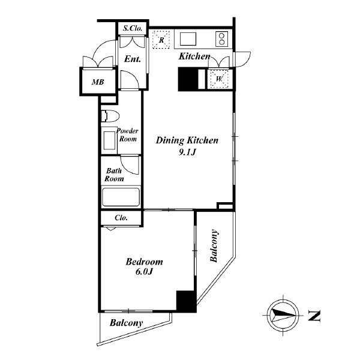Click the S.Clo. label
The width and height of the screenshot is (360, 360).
click(x=133, y=28)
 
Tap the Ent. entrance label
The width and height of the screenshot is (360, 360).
click(x=132, y=59)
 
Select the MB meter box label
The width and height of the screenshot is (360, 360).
click(x=98, y=82)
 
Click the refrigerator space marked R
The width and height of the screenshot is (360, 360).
click(x=161, y=40)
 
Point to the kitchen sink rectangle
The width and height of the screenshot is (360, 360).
click(x=188, y=39)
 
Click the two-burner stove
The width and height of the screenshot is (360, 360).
click(x=222, y=39)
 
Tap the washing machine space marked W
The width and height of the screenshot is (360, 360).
click(x=219, y=79)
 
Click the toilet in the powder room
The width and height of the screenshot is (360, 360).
click(x=110, y=116)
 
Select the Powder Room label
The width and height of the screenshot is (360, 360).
click(x=127, y=135)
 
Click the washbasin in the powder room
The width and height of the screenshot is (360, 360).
click(x=109, y=140)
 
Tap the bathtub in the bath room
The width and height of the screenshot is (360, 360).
click(x=121, y=197)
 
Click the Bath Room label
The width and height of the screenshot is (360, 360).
click(x=114, y=175)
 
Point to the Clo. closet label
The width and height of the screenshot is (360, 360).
click(x=121, y=218)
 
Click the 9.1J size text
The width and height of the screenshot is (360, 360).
click(x=187, y=152)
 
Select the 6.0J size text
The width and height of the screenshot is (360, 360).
click(x=144, y=272)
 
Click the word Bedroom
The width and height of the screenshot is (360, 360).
click(x=144, y=262)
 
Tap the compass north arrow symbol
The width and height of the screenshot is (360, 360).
click(x=283, y=315)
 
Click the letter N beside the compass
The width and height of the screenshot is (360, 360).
click(x=314, y=316)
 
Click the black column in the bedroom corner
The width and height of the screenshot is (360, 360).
click(x=186, y=301)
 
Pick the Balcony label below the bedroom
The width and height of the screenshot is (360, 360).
click(x=126, y=323)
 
